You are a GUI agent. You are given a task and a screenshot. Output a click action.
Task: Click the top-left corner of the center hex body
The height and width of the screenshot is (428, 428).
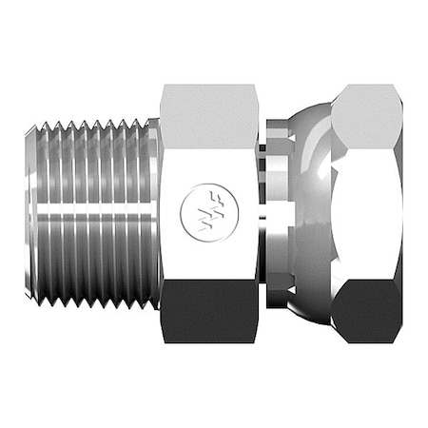point(162,86)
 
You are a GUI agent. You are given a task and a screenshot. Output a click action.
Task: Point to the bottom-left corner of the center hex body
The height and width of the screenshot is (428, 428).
point(162,340)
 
